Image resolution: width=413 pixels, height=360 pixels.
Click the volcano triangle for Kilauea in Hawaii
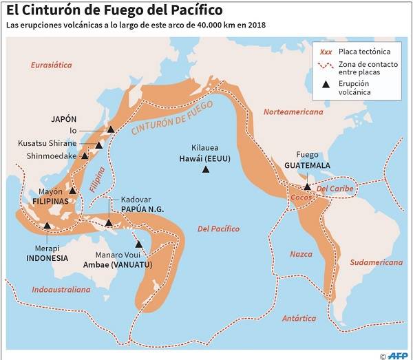point(205,170)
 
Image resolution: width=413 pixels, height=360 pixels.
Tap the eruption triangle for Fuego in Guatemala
point(307,187)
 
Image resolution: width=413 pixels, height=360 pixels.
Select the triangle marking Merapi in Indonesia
point(47,225)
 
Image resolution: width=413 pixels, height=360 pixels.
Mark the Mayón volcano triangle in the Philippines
point(72,191)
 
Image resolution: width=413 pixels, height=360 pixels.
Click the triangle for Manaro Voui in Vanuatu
point(139,244)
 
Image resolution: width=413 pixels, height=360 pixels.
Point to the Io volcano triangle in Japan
point(110,129)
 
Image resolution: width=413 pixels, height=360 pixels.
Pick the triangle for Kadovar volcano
point(109,222)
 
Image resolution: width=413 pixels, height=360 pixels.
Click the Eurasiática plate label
point(52,65)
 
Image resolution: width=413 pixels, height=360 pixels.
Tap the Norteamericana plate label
point(293,111)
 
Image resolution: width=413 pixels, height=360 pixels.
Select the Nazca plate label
point(301,254)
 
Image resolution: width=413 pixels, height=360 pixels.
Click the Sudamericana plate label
point(375,262)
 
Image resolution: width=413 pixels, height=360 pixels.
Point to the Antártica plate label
point(299,318)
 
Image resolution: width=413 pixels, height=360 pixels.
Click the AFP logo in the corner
point(397,354)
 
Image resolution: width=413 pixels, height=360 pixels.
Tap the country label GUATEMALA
point(306,166)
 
